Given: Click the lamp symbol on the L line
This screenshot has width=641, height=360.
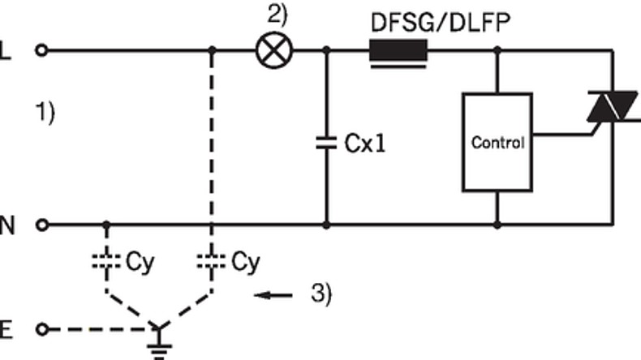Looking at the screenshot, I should (273, 50).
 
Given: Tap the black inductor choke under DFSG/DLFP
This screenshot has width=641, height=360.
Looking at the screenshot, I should (398, 51).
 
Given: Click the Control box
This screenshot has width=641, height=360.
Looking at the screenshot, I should (497, 142).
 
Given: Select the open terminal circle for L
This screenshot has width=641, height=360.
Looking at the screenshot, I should (42, 50).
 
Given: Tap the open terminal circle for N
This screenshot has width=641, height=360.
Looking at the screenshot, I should (42, 224).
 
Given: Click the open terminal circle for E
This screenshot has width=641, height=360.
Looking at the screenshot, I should (42, 330).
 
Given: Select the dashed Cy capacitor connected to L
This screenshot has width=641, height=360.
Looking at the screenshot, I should (211, 263).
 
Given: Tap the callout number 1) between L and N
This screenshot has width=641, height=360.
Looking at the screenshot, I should (45, 111).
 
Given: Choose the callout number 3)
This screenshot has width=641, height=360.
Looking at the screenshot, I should (320, 294).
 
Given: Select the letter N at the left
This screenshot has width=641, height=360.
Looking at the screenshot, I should (7, 225).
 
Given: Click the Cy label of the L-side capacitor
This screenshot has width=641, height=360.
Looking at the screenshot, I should (245, 262).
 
